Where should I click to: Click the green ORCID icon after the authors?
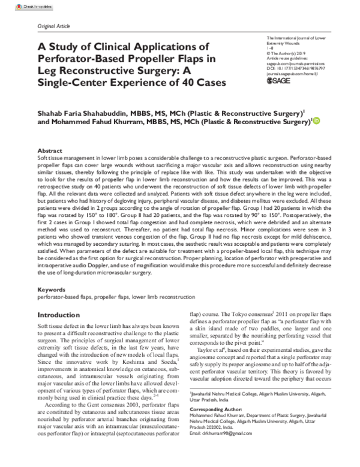[316, 120]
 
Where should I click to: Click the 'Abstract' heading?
[50, 150]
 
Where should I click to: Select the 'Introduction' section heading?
[63, 315]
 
